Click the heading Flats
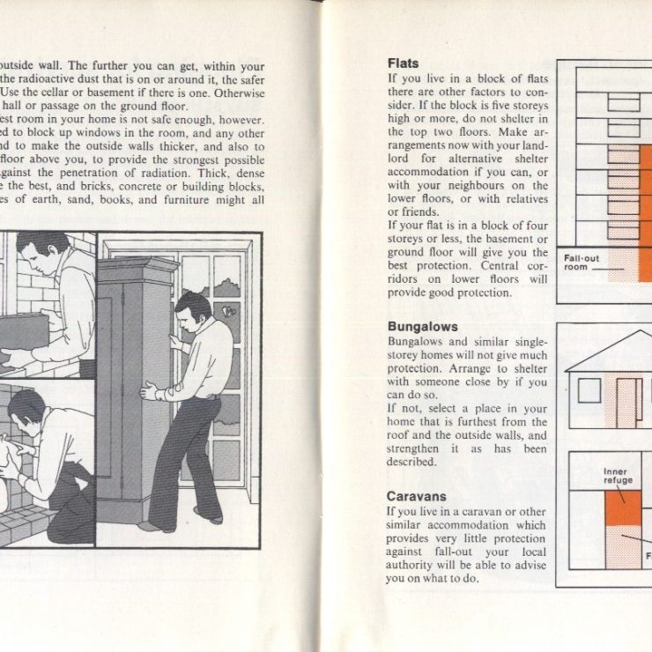pyautogui.click(x=403, y=63)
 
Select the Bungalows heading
pyautogui.click(x=422, y=327)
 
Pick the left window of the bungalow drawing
pyautogui.click(x=589, y=389)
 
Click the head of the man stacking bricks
pyautogui.click(x=35, y=251)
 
